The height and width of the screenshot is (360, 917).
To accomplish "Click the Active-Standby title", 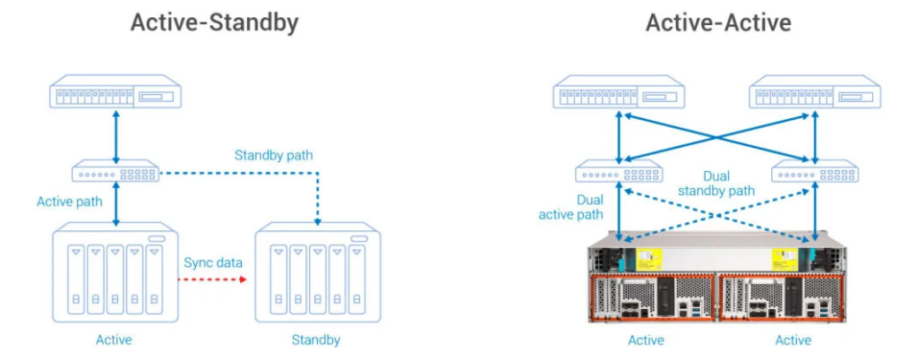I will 214,23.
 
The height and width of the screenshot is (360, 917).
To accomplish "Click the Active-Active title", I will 719,23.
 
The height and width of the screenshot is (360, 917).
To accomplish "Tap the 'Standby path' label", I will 274,156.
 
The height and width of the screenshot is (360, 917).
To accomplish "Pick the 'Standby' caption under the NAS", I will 315,340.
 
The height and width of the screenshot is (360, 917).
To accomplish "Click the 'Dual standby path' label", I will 716,184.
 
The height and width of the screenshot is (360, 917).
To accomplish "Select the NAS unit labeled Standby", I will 315,274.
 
